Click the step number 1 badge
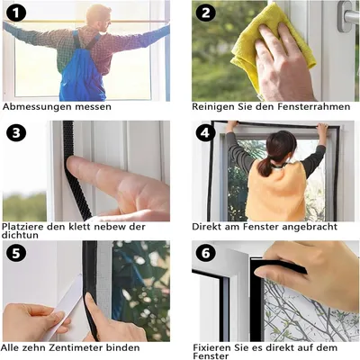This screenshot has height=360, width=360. click(x=16, y=13)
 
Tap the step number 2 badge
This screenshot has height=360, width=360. click(x=206, y=13)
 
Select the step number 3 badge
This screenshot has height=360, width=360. click(x=16, y=133)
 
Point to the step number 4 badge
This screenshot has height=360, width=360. click(x=206, y=133)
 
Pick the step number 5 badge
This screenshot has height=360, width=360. click(x=16, y=253)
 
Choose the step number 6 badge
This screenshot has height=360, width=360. click(x=206, y=253)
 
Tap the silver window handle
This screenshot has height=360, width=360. click(x=347, y=15)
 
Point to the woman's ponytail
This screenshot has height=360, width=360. click(x=265, y=166)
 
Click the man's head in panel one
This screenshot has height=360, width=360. click(x=98, y=15)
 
